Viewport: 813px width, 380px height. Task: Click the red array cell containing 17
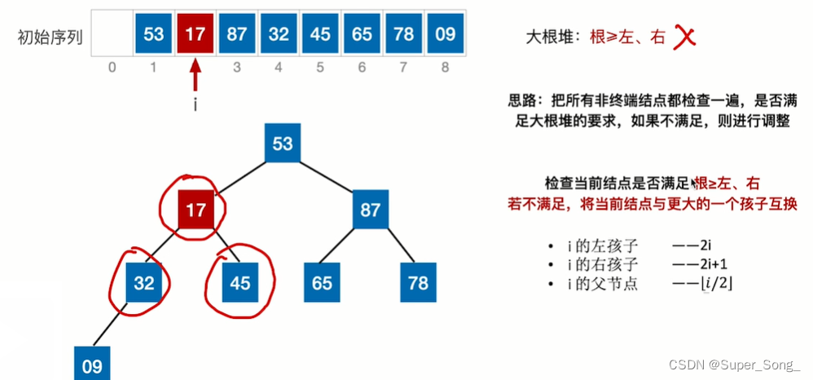(x=195, y=34)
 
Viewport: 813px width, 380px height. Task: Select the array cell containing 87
(x=237, y=34)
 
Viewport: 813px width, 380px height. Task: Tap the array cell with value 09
(x=445, y=34)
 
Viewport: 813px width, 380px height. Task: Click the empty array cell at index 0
(x=112, y=34)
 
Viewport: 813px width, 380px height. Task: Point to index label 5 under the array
(x=320, y=67)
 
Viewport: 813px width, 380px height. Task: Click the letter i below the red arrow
(x=196, y=104)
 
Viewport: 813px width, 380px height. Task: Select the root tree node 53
(x=283, y=144)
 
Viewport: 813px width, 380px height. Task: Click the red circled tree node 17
(x=196, y=210)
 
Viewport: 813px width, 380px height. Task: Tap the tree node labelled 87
(x=371, y=210)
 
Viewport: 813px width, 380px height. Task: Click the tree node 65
(x=323, y=282)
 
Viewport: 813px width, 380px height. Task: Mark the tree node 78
(x=419, y=282)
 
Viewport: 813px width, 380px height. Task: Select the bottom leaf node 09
(x=92, y=365)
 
